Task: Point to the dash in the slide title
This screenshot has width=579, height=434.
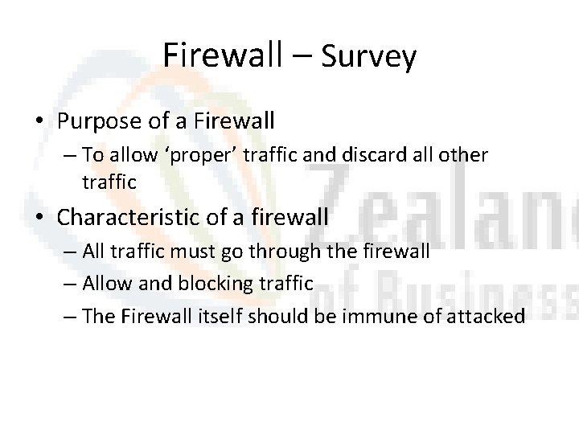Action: click(305, 56)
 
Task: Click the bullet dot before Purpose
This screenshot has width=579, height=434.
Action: click(39, 122)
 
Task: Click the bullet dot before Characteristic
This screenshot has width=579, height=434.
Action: click(39, 216)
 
